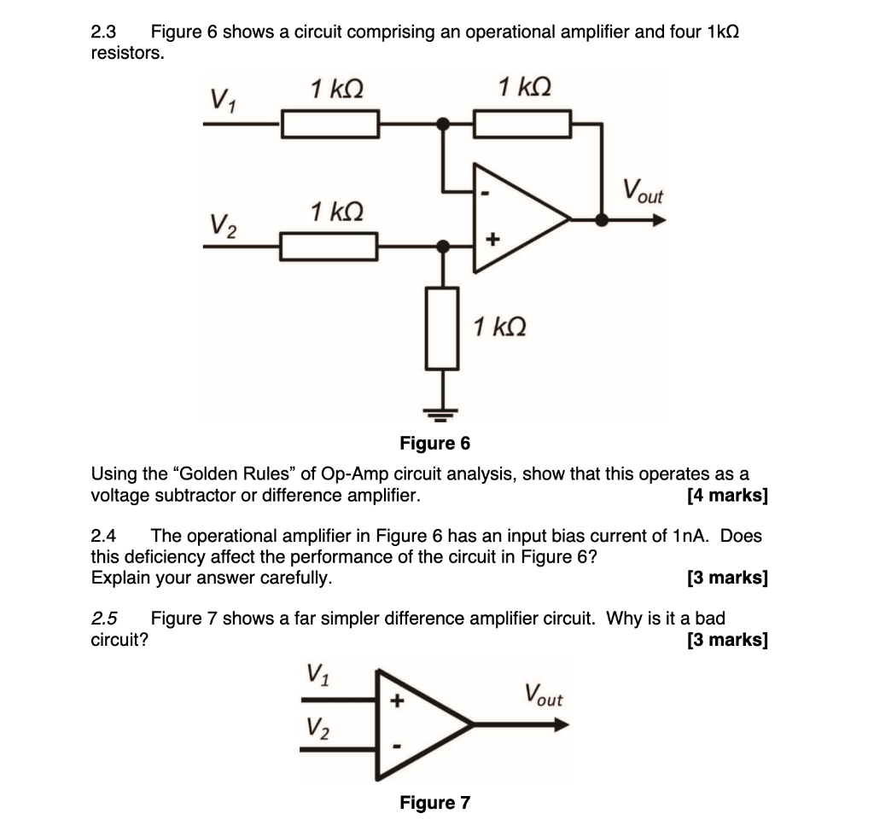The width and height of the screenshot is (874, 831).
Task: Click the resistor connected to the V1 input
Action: pos(330,126)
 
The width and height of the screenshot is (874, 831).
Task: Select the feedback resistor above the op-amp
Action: pos(521,126)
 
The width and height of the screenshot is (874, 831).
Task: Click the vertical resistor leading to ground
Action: pos(442,328)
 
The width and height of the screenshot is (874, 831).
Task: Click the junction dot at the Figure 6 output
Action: pos(602,219)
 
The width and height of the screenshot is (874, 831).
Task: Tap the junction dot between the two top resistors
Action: pos(442,125)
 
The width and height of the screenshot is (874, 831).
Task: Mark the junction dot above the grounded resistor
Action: pos(442,247)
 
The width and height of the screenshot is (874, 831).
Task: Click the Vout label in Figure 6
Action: pos(642,189)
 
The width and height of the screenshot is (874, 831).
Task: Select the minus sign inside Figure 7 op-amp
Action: pos(396,747)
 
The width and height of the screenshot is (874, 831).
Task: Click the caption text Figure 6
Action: pos(434,443)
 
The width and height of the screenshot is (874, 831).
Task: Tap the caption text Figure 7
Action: pos(434,802)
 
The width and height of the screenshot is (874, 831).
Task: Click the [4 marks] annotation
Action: pos(726,496)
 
